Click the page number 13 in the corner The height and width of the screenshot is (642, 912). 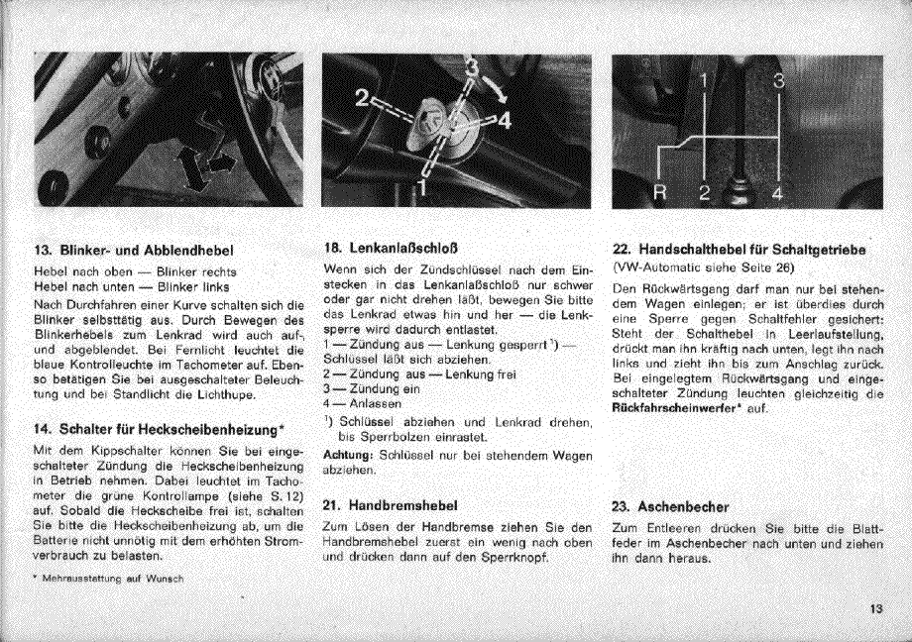pyautogui.click(x=875, y=610)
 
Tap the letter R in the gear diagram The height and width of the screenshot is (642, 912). pyautogui.click(x=657, y=191)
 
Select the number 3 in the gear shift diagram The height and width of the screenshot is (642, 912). pyautogui.click(x=779, y=81)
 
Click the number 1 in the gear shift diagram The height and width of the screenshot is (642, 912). pyautogui.click(x=705, y=80)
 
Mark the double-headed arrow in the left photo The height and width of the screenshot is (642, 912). pyautogui.click(x=205, y=166)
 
